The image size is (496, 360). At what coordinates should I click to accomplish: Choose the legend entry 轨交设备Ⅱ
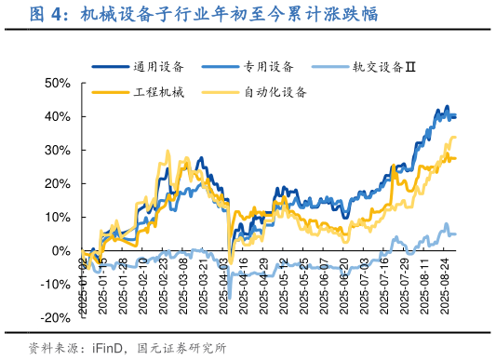(382, 66)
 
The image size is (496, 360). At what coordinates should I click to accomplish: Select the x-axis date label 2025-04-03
(223, 285)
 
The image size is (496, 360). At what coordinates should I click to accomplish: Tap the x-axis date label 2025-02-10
(143, 285)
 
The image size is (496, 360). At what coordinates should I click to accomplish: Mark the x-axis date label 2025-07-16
(384, 285)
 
